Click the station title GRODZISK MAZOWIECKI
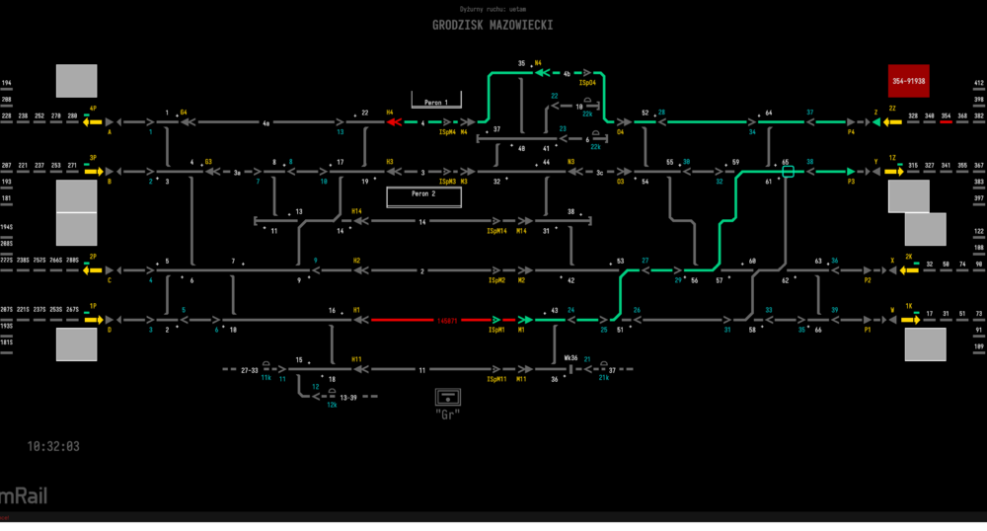coord(492,25)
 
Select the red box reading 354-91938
coord(908,81)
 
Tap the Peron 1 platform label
coord(435,102)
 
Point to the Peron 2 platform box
coord(424,195)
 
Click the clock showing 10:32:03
coord(53,446)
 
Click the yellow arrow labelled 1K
coord(909,320)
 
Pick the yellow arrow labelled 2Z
coord(892,122)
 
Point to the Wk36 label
coord(570,358)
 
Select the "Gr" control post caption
coord(449,414)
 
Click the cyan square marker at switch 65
coord(788,172)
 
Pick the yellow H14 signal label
coord(356,211)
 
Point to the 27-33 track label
coord(250,370)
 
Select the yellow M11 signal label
coord(522,380)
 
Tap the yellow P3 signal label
coord(850,182)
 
